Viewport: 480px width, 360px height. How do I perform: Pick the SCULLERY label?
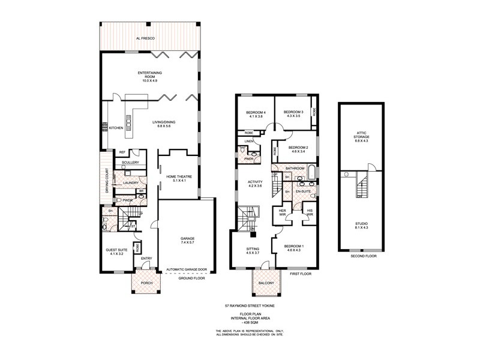tap(130, 163)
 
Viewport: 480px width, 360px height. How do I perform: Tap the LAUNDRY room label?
tap(131, 182)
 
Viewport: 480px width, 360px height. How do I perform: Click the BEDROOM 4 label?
tap(255, 114)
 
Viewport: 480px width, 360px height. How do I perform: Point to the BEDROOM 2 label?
tap(298, 149)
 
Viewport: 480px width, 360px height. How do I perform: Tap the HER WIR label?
tap(281, 212)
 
